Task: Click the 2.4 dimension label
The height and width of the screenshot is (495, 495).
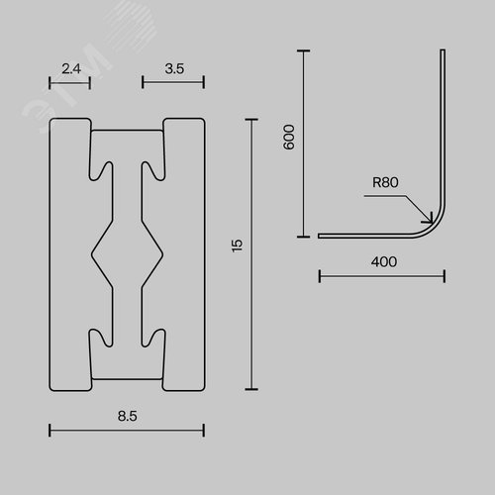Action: point(71,68)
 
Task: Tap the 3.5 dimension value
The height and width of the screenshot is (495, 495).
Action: point(174,68)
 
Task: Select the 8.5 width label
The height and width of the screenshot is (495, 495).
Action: point(128,416)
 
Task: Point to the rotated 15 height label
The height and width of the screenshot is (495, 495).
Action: point(238,246)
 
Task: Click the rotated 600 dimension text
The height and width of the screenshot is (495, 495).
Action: point(289,137)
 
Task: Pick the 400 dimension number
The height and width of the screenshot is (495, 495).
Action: point(384,262)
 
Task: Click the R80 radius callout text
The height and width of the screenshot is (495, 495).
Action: point(385,182)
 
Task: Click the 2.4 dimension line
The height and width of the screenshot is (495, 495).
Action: point(69,82)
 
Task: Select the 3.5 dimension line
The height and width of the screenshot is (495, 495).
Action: point(173,82)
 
